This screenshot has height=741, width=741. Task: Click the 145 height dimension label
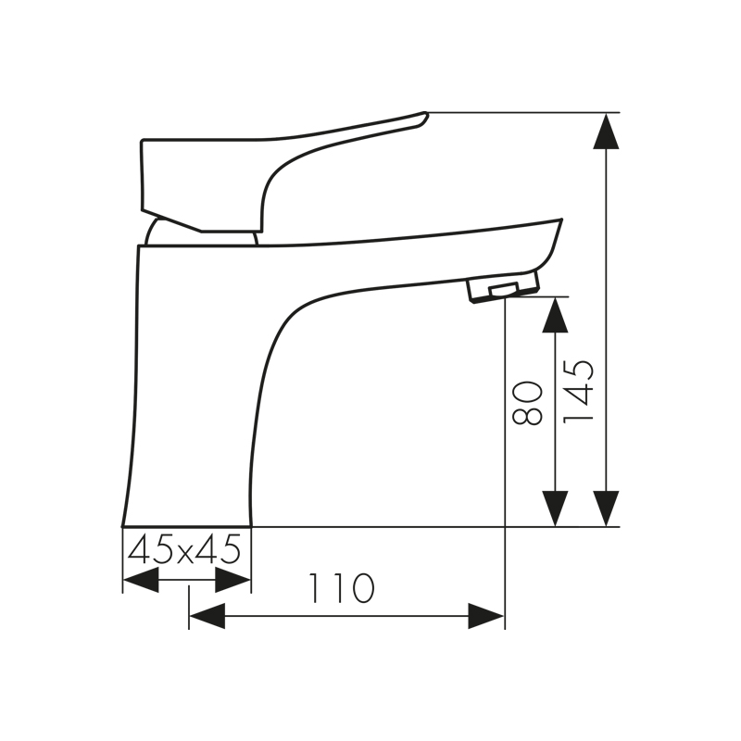point(578,391)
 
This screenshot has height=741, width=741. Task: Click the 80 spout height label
point(527,403)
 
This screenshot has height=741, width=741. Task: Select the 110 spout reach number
point(341,588)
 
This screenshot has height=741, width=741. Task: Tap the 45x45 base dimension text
point(184,549)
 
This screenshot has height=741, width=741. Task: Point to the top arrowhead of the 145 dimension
point(607,131)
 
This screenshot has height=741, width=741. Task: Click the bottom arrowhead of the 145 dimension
point(607,509)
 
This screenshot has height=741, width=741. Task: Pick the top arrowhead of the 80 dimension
point(555,315)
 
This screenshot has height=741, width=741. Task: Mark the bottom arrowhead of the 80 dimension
point(555,509)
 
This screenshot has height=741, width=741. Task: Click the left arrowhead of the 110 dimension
point(207,616)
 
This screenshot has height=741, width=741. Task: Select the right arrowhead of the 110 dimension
point(486,616)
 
